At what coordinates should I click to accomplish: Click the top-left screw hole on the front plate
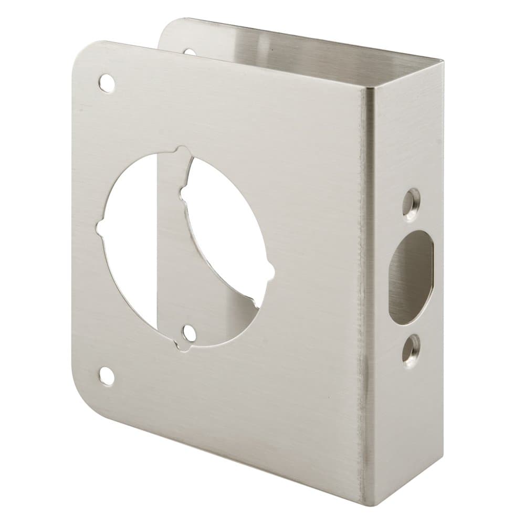[107, 83]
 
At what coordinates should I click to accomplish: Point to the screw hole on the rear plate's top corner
[190, 51]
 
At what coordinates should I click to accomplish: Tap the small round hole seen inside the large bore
[187, 334]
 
